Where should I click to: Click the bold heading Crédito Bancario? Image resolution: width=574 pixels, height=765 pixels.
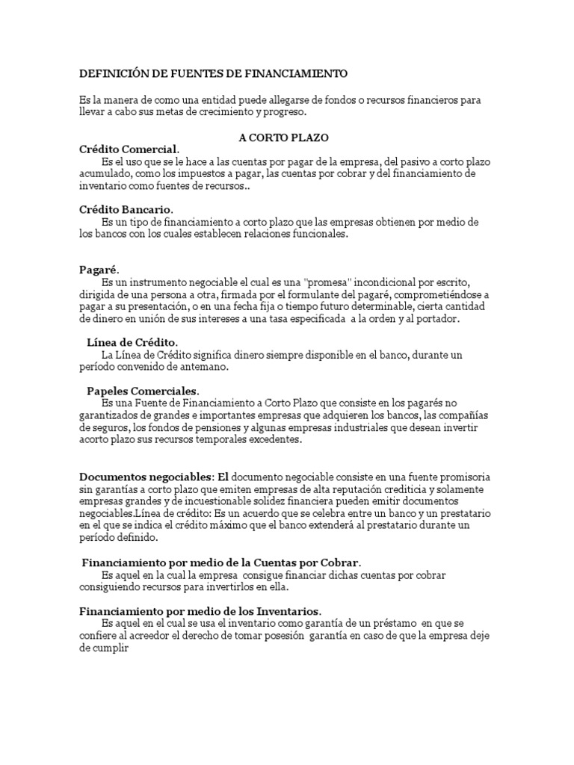pyautogui.click(x=126, y=211)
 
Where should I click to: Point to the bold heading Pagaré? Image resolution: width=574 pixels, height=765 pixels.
pyautogui.click(x=99, y=270)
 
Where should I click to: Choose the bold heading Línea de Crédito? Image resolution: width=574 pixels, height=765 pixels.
pyautogui.click(x=132, y=341)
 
